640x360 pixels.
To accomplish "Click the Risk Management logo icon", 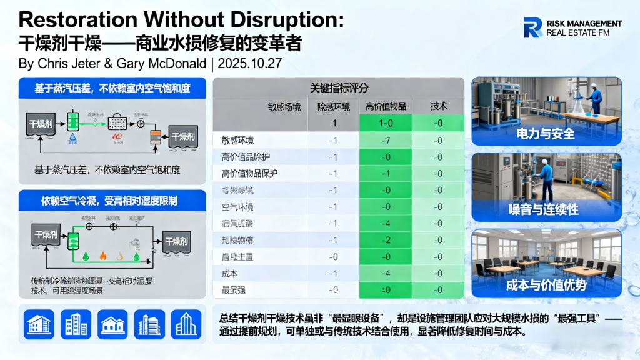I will pyautogui.click(x=533, y=27).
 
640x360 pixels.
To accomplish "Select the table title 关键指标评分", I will pyautogui.click(x=339, y=87).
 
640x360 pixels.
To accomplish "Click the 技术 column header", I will pyautogui.click(x=438, y=106).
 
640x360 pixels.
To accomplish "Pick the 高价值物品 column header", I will pyautogui.click(x=386, y=106).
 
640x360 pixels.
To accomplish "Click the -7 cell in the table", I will pyautogui.click(x=386, y=140).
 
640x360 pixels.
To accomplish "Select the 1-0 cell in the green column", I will pyautogui.click(x=386, y=123).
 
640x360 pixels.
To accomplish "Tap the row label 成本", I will pyautogui.click(x=230, y=273).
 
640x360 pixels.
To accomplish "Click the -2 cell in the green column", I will pyautogui.click(x=386, y=240).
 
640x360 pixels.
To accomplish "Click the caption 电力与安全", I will pyautogui.click(x=546, y=134).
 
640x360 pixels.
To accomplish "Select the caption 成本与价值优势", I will pyautogui.click(x=546, y=286).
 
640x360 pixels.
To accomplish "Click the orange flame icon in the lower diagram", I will pyautogui.click(x=103, y=256).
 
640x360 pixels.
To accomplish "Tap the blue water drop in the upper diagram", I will pyautogui.click(x=74, y=136).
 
